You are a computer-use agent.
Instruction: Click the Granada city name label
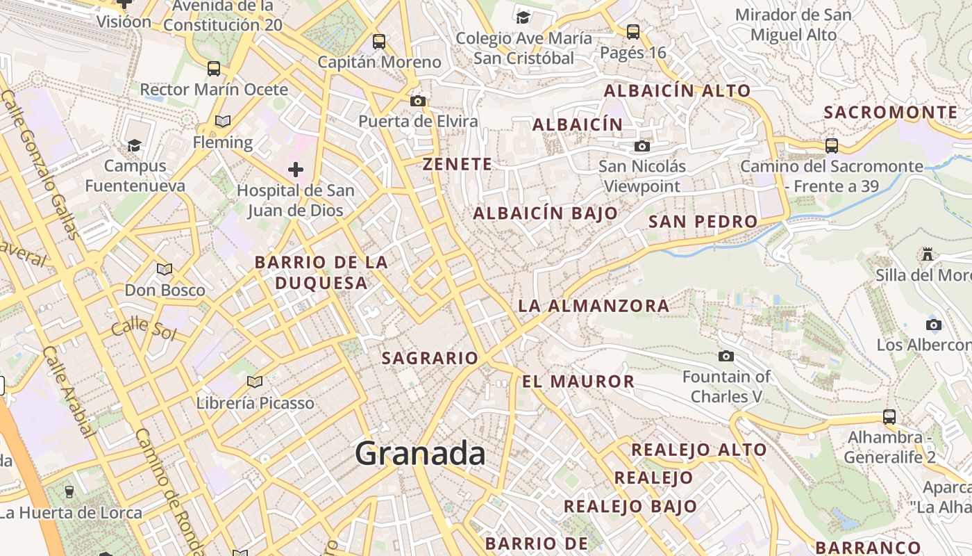(x=420, y=454)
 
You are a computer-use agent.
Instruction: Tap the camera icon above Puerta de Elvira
(x=417, y=101)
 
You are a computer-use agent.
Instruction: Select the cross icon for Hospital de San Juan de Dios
(x=296, y=169)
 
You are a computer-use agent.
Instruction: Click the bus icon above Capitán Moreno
(x=378, y=41)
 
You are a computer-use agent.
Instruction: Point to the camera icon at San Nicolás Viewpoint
(x=642, y=146)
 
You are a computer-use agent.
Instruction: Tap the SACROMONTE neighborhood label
(x=890, y=113)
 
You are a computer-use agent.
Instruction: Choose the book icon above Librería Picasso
(x=255, y=382)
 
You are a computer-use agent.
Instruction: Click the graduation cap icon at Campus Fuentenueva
(x=134, y=145)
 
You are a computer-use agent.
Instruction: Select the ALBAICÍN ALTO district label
(x=677, y=91)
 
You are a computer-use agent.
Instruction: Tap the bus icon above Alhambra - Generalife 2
(x=889, y=417)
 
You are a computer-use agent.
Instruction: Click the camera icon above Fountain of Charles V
(x=726, y=357)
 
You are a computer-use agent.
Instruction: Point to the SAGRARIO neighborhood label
(x=430, y=359)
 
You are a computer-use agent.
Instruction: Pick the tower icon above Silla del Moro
(x=927, y=254)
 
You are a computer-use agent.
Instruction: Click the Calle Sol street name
(x=143, y=329)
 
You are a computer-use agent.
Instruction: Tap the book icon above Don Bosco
(x=165, y=269)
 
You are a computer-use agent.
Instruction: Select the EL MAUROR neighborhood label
(x=578, y=382)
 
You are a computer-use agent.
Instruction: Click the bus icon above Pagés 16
(x=632, y=31)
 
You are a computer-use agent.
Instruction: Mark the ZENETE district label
(x=458, y=165)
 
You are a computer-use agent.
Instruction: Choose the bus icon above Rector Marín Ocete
(x=214, y=69)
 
